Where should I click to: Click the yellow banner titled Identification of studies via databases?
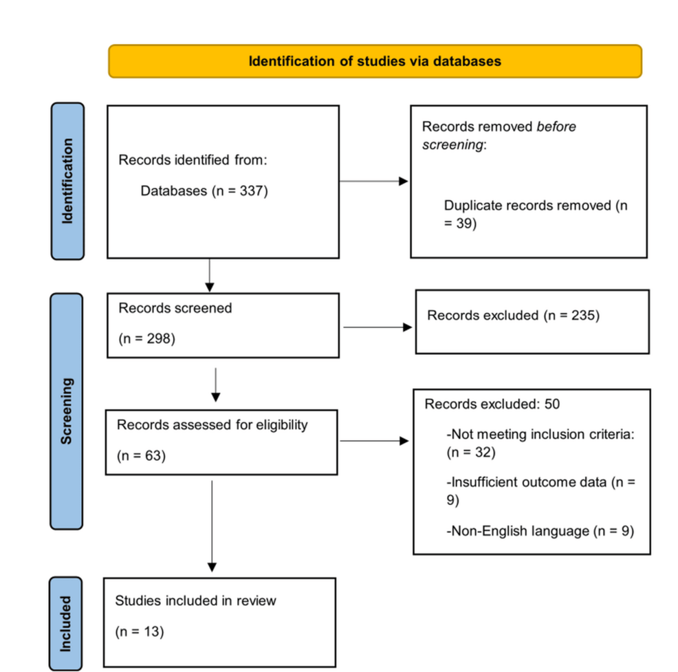[x=375, y=61]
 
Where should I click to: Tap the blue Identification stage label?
[x=67, y=181]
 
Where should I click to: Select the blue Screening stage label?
[x=67, y=411]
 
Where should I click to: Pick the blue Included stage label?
[x=66, y=623]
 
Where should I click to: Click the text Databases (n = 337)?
[x=204, y=191]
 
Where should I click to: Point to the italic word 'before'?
[x=556, y=127]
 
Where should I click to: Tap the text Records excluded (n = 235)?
[x=513, y=316]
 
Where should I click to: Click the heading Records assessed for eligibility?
[x=212, y=424]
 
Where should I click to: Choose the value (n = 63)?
[x=142, y=455]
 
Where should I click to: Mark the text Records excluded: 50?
[x=492, y=404]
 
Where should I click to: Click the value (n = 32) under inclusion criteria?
[x=471, y=453]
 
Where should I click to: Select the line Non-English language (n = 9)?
[x=539, y=530]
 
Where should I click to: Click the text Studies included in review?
[x=195, y=600]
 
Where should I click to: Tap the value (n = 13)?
[x=140, y=631]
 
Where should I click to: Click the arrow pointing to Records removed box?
[x=374, y=182]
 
